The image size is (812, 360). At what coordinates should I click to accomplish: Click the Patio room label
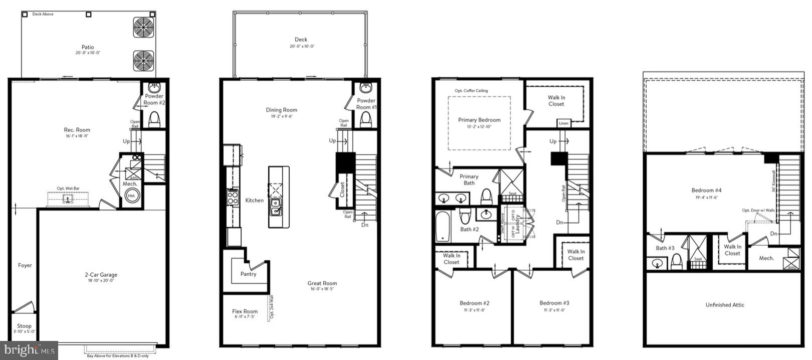point(88,47)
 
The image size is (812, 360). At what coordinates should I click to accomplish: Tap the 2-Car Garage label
point(101,275)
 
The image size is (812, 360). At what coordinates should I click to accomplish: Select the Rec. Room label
point(77,130)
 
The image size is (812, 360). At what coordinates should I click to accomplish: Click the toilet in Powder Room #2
point(154,119)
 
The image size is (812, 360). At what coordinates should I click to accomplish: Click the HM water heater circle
point(131,196)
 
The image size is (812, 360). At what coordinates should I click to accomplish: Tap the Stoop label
point(24,326)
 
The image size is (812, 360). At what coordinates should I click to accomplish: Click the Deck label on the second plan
point(301,40)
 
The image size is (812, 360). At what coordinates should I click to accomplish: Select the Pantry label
point(248,274)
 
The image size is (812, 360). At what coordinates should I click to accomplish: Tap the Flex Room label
point(245,311)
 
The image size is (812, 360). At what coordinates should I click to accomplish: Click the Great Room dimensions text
point(322,289)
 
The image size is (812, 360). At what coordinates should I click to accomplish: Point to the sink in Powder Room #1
point(366,88)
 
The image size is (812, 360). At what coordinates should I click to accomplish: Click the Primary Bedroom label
point(479,120)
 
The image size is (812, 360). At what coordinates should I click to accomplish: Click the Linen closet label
point(563,123)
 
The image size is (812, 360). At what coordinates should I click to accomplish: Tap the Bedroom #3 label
point(554,303)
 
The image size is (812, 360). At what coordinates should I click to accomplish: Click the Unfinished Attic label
point(725,305)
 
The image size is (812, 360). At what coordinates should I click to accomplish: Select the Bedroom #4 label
point(706,190)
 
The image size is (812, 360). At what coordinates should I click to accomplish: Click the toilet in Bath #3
point(677,261)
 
